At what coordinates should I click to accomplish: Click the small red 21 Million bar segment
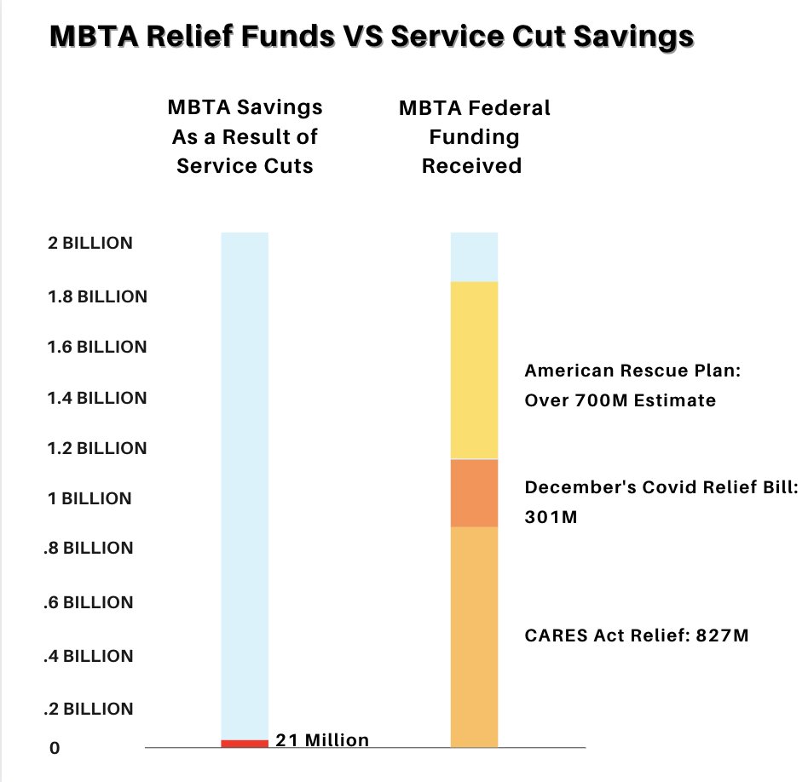click(245, 744)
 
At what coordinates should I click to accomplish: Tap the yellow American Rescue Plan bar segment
click(474, 371)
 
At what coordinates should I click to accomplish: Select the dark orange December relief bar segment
click(474, 493)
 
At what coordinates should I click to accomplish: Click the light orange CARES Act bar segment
click(474, 637)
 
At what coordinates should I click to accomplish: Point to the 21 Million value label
click(322, 740)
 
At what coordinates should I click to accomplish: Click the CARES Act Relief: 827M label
click(636, 635)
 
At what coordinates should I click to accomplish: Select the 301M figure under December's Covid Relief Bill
click(551, 516)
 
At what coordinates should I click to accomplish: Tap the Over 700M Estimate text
click(620, 400)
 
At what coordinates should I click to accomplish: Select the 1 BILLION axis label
click(89, 498)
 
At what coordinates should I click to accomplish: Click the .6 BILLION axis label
click(88, 602)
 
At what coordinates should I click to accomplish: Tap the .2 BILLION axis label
click(88, 709)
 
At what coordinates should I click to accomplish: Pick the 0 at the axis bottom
click(55, 749)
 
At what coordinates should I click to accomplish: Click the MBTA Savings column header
click(245, 136)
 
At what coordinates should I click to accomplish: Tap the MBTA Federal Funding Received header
click(474, 136)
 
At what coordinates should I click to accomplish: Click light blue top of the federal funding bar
click(474, 256)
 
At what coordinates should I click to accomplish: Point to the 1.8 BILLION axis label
click(97, 297)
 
